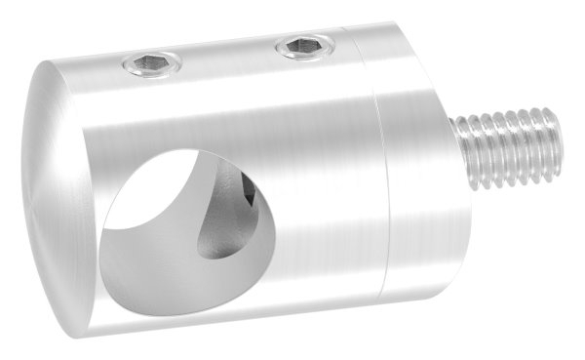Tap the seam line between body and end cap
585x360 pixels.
point(382,176)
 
